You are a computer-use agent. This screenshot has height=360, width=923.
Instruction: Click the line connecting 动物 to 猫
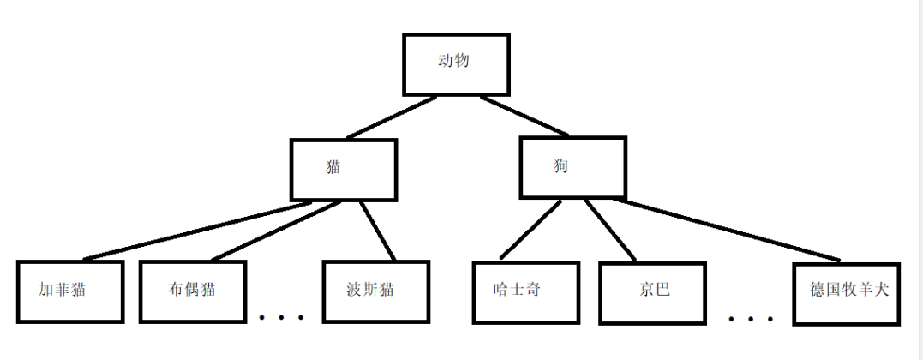[x=392, y=117]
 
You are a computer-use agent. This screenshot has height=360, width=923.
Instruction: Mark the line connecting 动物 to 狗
[x=524, y=116]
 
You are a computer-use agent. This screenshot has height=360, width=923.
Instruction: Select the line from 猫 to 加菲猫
[x=197, y=231]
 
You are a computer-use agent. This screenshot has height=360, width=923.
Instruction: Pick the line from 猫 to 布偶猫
[x=276, y=231]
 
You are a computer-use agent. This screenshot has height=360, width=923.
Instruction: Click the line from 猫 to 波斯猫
[x=377, y=231]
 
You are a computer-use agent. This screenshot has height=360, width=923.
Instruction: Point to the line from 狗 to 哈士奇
[x=530, y=229]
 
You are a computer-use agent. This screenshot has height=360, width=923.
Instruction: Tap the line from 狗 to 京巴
[x=610, y=230]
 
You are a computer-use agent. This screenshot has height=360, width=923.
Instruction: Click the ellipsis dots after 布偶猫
[x=282, y=318]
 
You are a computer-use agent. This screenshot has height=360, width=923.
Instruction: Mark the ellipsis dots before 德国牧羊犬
[x=751, y=319]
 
